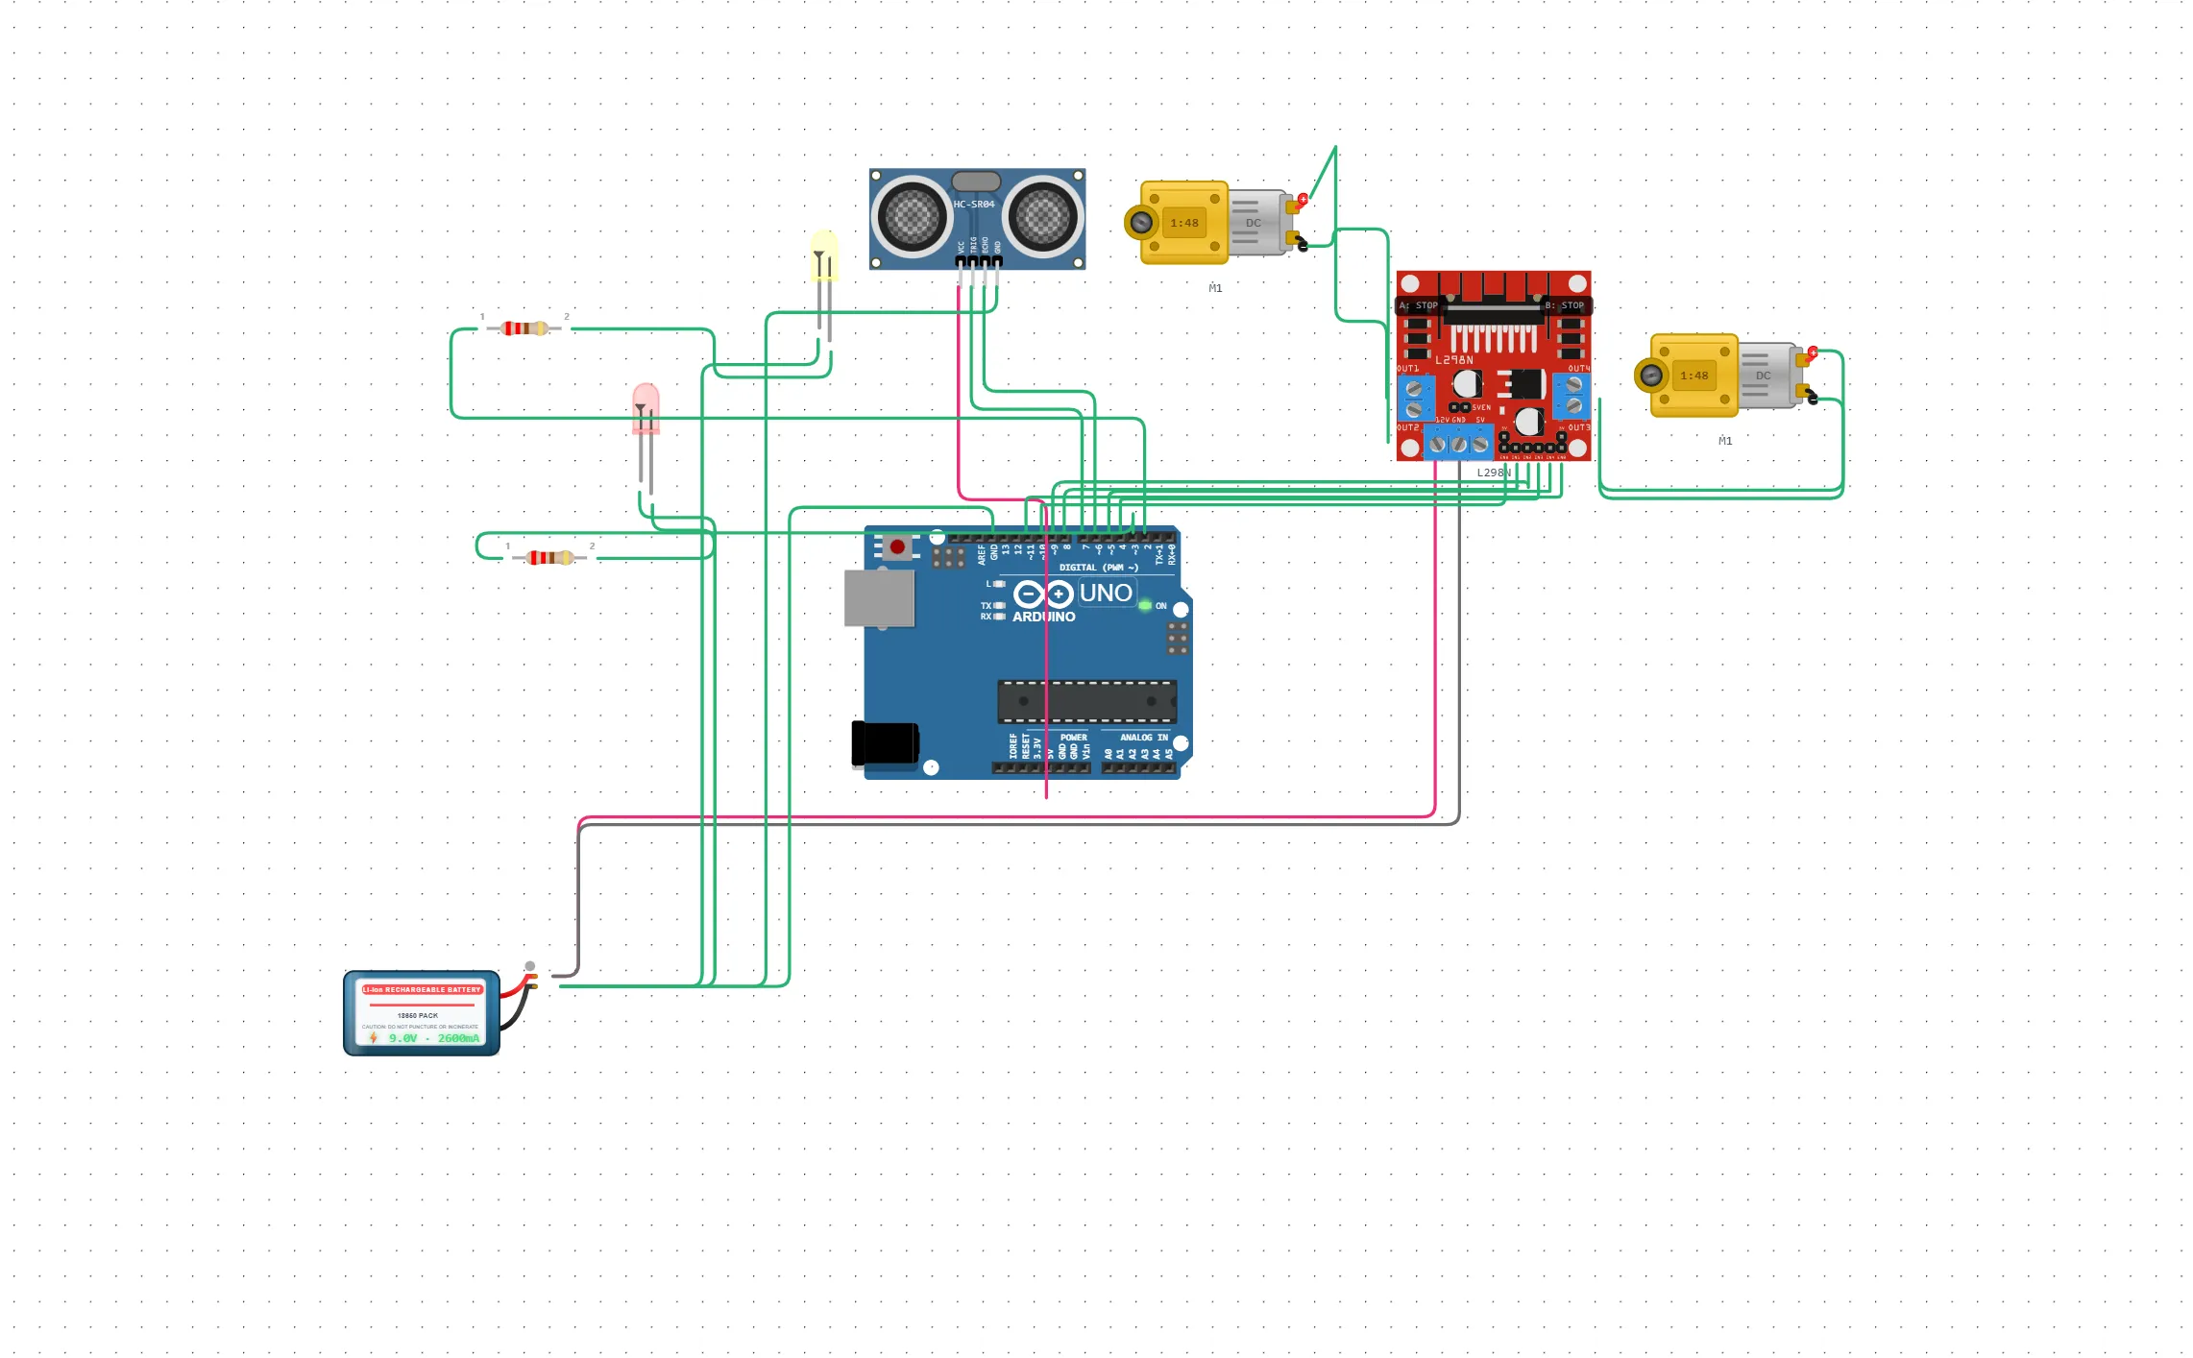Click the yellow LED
[824, 255]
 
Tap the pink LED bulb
[646, 407]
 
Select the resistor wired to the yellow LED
[524, 328]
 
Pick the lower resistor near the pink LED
[550, 558]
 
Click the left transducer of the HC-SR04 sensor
[911, 216]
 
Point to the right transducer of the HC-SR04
[1043, 216]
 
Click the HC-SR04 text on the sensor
[974, 205]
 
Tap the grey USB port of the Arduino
[879, 598]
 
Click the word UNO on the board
[1106, 594]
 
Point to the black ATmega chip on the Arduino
[1086, 701]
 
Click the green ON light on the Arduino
[1145, 606]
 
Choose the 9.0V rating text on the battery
[403, 1038]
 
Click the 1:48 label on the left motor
[1184, 223]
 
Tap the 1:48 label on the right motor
[1694, 376]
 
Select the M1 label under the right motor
[1725, 441]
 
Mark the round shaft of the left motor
[1141, 223]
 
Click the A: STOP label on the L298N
[1419, 305]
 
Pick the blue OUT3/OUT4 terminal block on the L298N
[1572, 395]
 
